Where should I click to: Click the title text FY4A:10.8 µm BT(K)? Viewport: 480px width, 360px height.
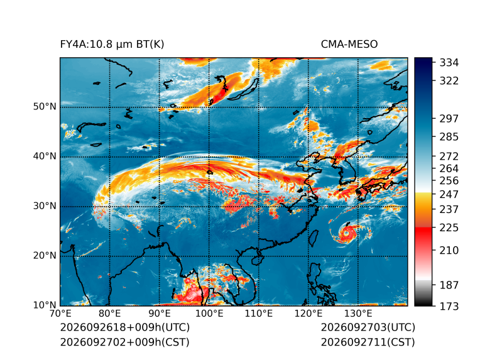coord(112,45)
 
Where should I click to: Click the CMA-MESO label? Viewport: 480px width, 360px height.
coord(349,45)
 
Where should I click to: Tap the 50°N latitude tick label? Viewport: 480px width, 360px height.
coord(45,107)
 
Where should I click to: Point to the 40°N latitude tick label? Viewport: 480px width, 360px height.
coord(45,156)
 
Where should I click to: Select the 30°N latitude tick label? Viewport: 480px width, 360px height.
coord(45,206)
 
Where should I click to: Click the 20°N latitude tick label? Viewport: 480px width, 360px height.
coord(45,256)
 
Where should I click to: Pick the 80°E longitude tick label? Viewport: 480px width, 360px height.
coord(109,314)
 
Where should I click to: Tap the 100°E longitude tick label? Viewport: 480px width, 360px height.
coord(209,314)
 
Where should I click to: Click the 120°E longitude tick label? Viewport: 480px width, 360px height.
coord(308,314)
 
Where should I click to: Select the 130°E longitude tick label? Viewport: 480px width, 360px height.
coord(358,314)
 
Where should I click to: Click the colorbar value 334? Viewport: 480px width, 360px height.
coord(449,63)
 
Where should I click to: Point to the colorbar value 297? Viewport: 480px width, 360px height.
coord(449,119)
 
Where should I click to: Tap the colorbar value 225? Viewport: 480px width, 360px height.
coord(449,228)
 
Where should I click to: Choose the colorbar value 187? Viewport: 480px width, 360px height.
coord(449,285)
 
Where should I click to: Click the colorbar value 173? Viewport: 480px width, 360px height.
coord(449,306)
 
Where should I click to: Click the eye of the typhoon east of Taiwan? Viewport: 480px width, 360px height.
coord(346,233)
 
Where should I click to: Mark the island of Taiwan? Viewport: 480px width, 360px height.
coord(313,238)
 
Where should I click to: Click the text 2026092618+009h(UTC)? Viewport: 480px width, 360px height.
coord(125,327)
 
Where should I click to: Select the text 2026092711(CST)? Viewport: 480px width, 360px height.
coord(368,342)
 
